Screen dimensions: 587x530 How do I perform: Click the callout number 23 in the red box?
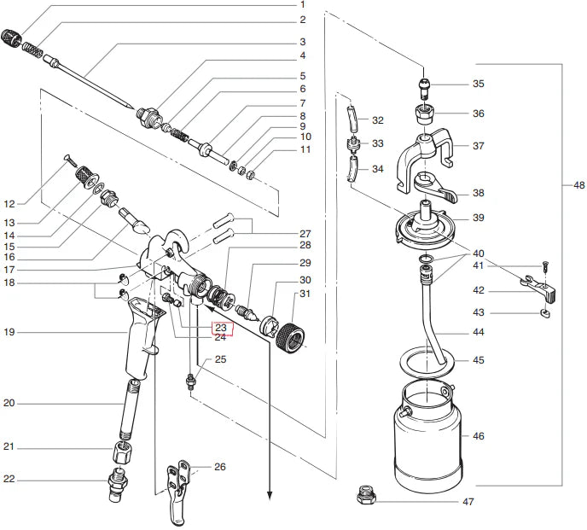coord(221,328)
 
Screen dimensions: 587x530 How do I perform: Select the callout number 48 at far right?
coord(578,184)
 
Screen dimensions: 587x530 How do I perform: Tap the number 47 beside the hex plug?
coord(468,502)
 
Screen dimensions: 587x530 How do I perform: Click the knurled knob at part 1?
coord(10,38)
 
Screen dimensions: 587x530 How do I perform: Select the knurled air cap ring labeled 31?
coord(289,338)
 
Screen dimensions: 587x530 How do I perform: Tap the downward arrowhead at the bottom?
coord(269,495)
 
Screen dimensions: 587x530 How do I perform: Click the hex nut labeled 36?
coord(424,114)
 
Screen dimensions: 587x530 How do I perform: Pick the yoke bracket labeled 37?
coord(425,160)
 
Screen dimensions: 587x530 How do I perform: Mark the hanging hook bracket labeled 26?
coord(177,492)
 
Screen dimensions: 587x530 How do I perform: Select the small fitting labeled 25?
coord(190,382)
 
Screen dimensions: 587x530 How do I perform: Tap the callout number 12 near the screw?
coord(9,204)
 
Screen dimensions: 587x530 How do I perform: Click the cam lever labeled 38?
coord(436,187)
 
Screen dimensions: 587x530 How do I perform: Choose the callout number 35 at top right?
coord(479,84)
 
